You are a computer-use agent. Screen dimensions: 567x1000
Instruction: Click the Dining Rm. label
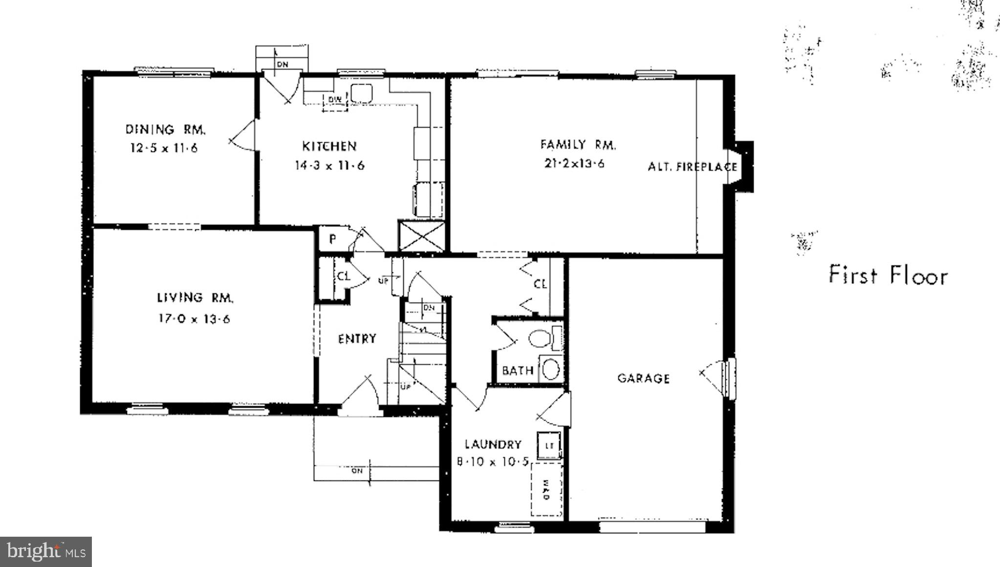166,130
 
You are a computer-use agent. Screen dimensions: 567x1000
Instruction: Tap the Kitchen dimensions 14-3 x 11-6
329,166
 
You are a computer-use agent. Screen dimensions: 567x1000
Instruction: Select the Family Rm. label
578,145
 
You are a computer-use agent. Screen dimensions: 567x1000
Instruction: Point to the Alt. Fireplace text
692,167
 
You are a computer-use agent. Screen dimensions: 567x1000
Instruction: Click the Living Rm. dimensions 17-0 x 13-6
194,319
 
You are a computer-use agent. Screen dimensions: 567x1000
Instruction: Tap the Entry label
357,339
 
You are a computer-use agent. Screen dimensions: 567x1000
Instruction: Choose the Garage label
643,378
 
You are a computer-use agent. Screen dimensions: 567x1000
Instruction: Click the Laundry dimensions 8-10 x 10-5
493,461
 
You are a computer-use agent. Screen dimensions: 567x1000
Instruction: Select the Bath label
518,371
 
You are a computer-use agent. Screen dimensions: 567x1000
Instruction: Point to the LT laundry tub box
549,445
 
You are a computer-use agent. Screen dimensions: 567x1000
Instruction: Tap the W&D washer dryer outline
546,489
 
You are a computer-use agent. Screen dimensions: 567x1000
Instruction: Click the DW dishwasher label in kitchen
335,100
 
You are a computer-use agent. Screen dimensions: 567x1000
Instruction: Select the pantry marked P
332,240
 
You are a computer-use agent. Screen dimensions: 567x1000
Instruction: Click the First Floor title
888,275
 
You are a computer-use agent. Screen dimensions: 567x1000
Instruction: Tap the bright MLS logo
45,552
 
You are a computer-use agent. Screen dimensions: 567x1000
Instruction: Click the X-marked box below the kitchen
421,237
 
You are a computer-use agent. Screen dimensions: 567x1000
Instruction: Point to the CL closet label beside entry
344,276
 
